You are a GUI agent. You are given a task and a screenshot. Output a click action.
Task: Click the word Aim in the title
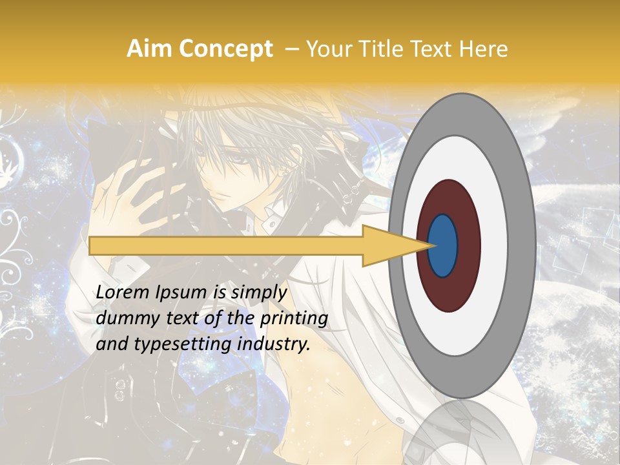(150, 49)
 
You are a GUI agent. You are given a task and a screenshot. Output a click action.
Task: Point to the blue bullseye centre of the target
(442, 245)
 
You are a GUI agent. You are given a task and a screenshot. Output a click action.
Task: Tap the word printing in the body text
(293, 318)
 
